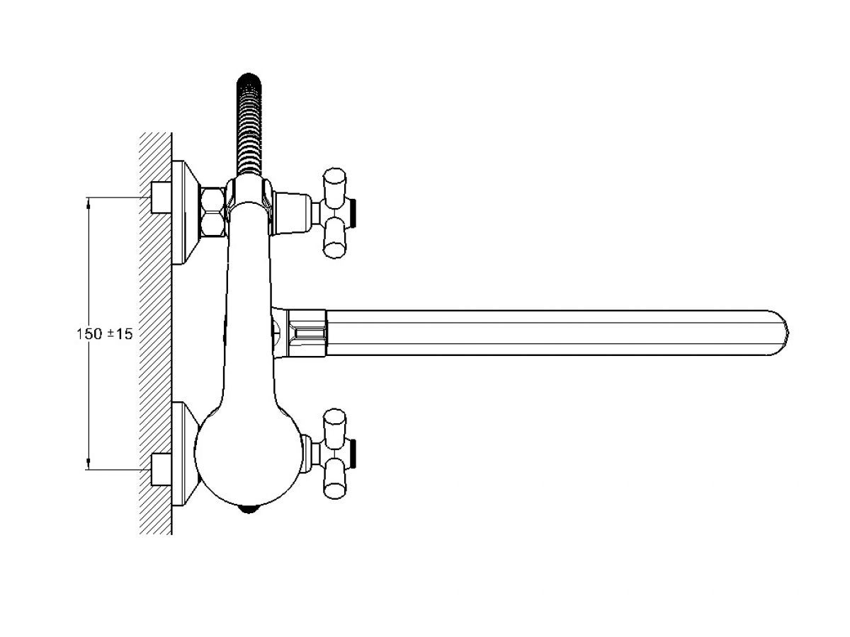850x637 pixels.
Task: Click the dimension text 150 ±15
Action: [105, 334]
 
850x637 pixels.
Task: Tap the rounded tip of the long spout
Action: [781, 333]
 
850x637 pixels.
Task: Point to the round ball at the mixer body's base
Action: [249, 459]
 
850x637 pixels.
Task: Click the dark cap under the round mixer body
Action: [249, 510]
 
